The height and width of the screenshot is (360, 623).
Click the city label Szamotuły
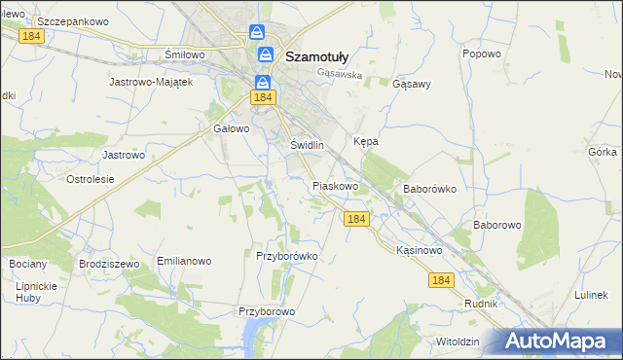point(324,56)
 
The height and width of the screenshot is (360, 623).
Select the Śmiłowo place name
point(185,54)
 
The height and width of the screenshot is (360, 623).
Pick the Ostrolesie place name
point(91,179)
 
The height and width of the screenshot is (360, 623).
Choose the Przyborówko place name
point(287,256)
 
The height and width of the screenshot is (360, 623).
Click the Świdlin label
point(307,145)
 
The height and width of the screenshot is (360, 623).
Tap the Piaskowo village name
point(336,185)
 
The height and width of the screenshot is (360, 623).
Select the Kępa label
point(365,141)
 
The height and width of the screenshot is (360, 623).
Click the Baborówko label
point(429,189)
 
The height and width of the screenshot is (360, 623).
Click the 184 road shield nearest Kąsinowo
point(441,280)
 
